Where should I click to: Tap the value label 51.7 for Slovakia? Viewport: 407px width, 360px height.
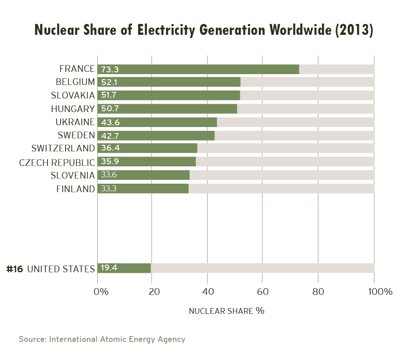pyautogui.click(x=110, y=96)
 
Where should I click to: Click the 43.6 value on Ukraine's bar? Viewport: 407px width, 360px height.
pyautogui.click(x=110, y=122)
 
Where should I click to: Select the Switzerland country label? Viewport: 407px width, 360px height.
pyautogui.click(x=63, y=149)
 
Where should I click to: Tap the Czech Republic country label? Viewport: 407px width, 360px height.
pyautogui.click(x=57, y=162)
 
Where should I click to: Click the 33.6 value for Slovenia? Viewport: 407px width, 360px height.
pyautogui.click(x=110, y=175)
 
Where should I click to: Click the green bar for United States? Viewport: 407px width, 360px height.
pyautogui.click(x=131, y=268)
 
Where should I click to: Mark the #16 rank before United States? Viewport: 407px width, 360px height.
pyautogui.click(x=14, y=268)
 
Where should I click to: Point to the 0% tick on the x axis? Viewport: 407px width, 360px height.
pyautogui.click(x=100, y=292)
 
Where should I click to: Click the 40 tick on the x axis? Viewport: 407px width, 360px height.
pyautogui.click(x=207, y=292)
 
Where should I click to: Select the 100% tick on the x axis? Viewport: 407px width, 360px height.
pyautogui.click(x=380, y=292)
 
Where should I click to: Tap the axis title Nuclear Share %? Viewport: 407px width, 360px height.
pyautogui.click(x=226, y=311)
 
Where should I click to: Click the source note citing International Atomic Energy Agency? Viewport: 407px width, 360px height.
pyautogui.click(x=102, y=339)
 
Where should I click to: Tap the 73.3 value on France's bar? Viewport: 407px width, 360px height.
pyautogui.click(x=110, y=69)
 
